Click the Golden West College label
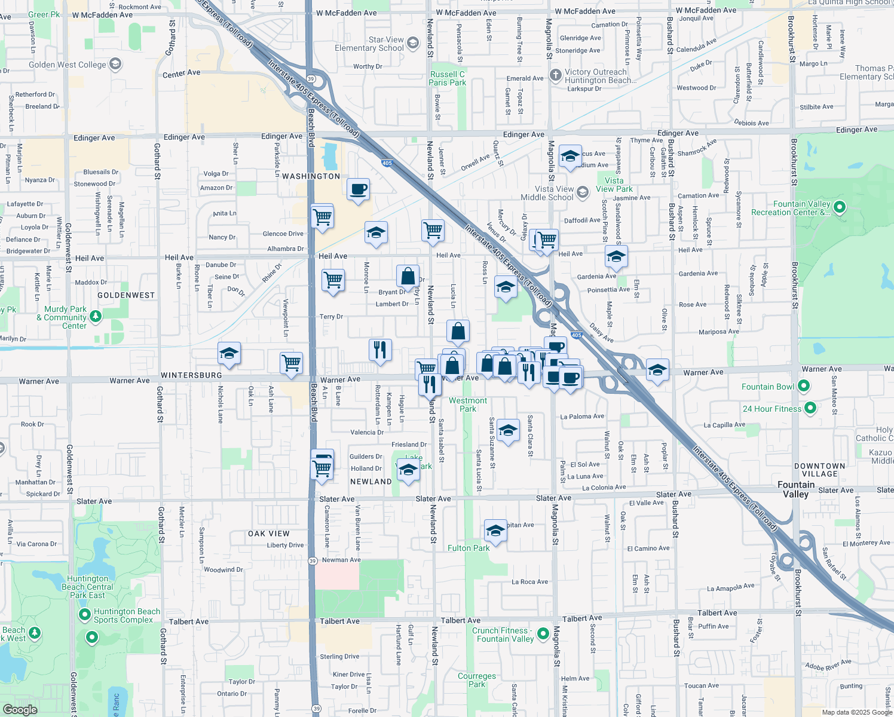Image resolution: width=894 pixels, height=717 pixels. [x=67, y=65]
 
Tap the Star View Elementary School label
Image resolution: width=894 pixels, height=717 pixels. [x=369, y=44]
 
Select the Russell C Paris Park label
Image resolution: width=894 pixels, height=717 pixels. [x=447, y=78]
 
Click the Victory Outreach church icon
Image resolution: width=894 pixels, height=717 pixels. [x=555, y=75]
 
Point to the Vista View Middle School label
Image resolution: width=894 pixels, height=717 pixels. [x=547, y=193]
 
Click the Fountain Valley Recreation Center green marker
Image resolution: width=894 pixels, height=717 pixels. [x=840, y=207]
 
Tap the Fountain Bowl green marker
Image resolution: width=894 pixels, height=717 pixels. [x=804, y=386]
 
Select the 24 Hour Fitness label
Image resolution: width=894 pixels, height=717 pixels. [x=771, y=409]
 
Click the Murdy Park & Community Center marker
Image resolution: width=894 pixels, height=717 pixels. [x=96, y=315]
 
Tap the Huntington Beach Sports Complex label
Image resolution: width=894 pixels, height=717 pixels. [x=127, y=615]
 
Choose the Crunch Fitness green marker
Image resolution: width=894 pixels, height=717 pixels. [x=543, y=633]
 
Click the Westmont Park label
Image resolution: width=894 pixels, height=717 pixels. [x=468, y=405]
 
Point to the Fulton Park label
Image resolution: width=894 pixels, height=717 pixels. [x=469, y=548]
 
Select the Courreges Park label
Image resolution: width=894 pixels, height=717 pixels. [x=477, y=680]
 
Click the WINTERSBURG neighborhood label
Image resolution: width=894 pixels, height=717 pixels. [x=191, y=375]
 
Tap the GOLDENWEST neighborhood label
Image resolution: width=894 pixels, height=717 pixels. [x=126, y=295]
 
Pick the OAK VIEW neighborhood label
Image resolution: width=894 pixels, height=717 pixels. [x=269, y=534]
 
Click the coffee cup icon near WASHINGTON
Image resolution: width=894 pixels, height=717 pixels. [x=358, y=189]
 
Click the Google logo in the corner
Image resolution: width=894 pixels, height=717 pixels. [x=20, y=709]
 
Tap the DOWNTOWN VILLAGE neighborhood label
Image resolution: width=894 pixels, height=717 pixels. [x=819, y=470]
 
